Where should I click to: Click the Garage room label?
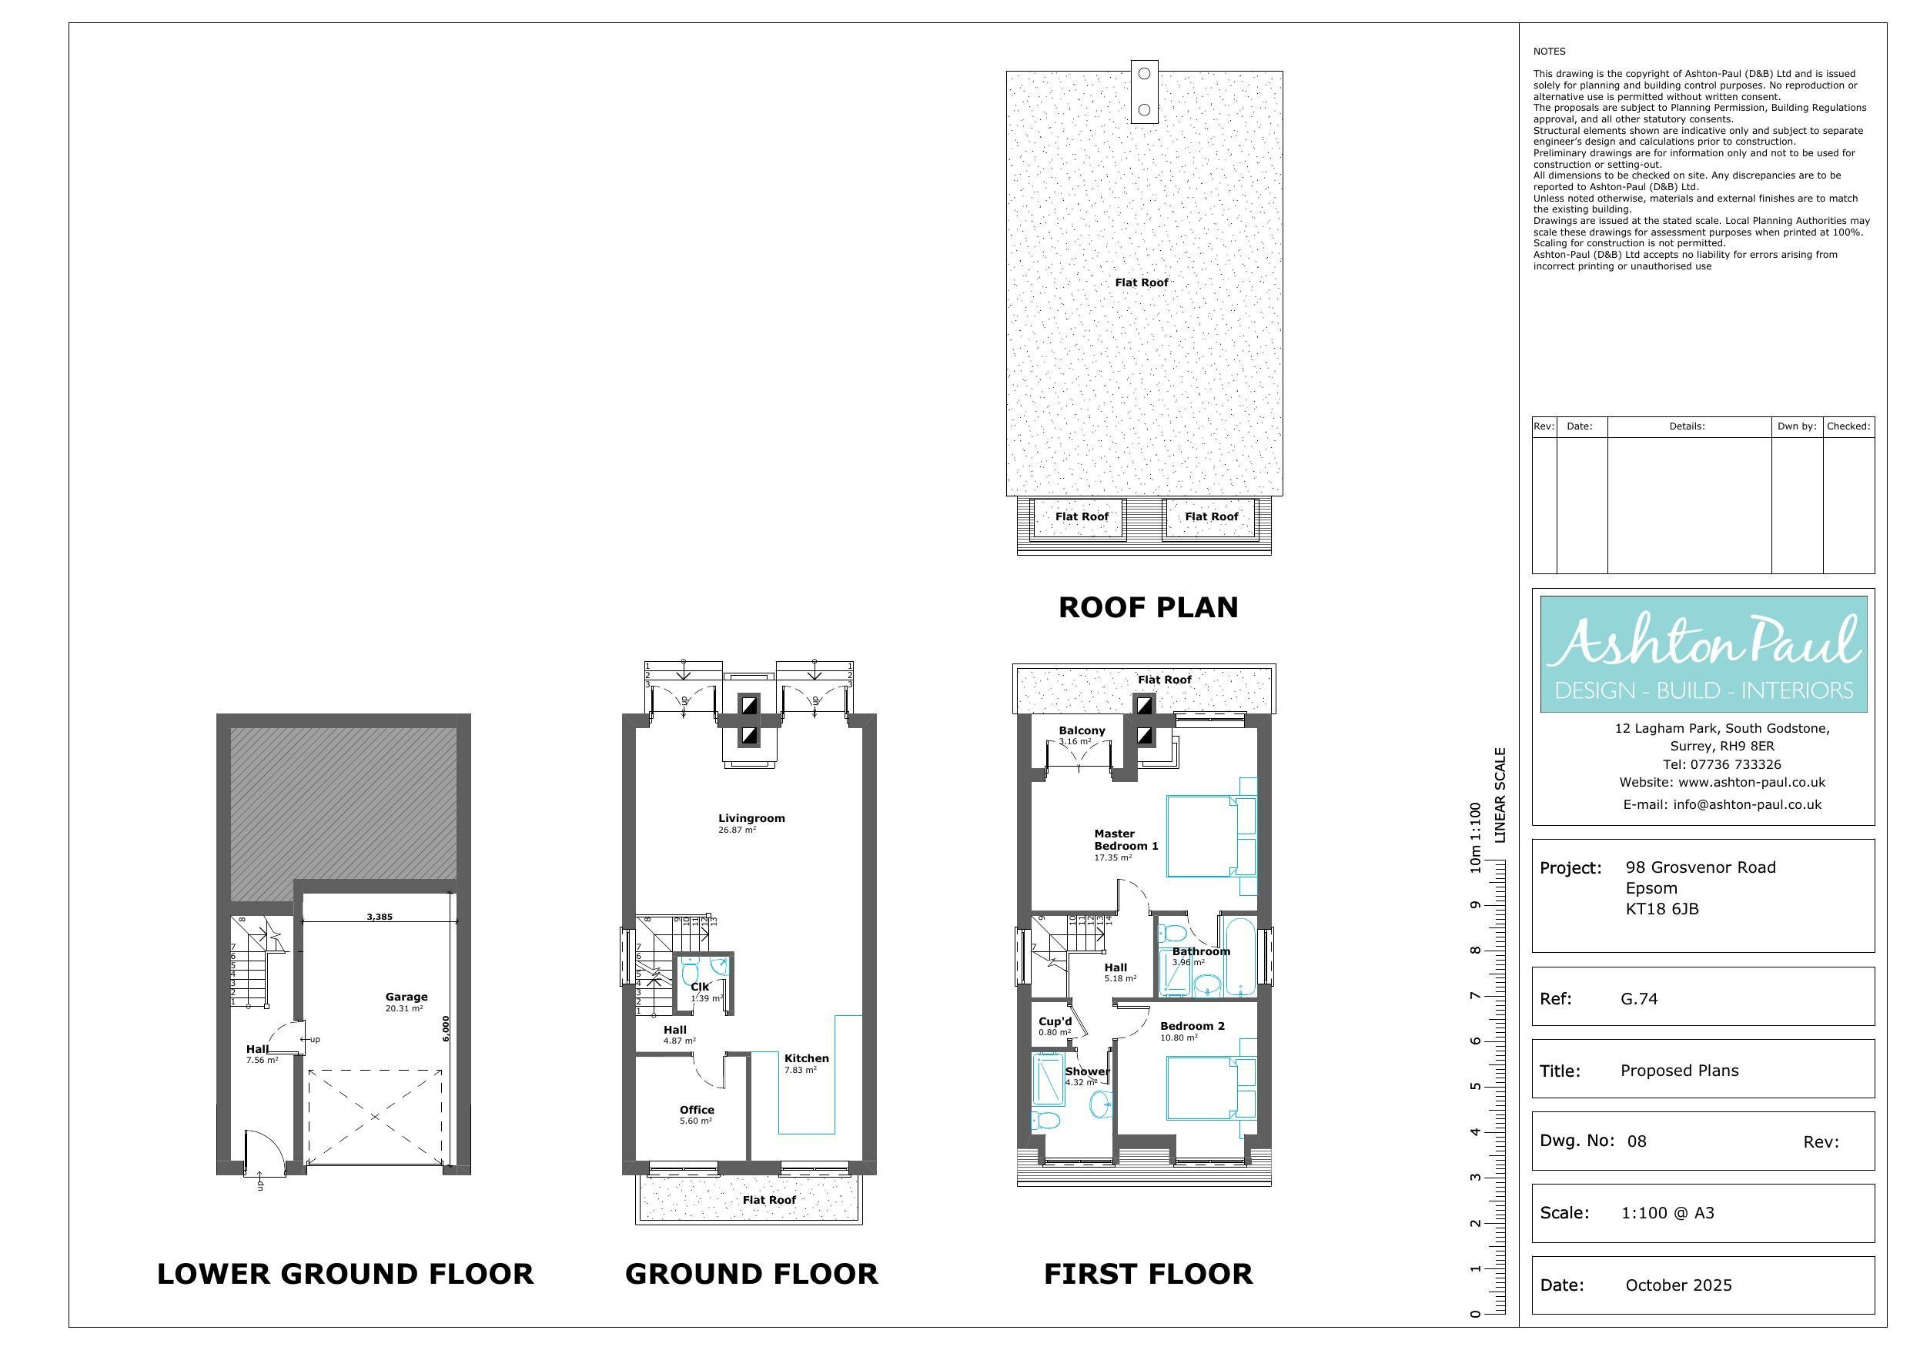coord(406,997)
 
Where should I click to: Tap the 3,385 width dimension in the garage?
coord(380,917)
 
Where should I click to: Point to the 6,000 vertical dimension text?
coord(446,1028)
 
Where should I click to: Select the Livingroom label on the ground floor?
coord(751,818)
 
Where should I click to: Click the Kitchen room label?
coord(806,1059)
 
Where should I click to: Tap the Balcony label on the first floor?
coord(1082,730)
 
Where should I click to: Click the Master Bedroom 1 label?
coord(1126,839)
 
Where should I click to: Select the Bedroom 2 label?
coord(1192,1026)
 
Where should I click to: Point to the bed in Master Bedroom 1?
coord(1211,836)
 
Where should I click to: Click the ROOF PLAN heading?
coord(1148,607)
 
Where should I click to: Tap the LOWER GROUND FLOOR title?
coord(345,1274)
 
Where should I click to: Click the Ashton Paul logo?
coord(1704,653)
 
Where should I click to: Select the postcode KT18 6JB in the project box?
coord(1662,909)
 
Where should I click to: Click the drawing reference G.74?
coord(1639,999)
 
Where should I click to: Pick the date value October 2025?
coord(1679,1285)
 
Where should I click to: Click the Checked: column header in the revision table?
coord(1848,426)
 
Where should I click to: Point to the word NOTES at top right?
coord(1549,52)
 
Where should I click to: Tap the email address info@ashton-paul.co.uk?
coord(1722,804)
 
